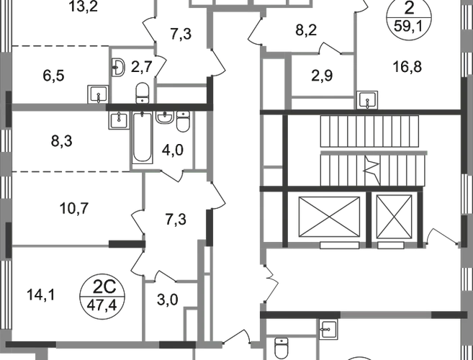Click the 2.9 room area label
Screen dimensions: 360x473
click(x=324, y=76)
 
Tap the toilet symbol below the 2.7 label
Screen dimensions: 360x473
click(x=143, y=92)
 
